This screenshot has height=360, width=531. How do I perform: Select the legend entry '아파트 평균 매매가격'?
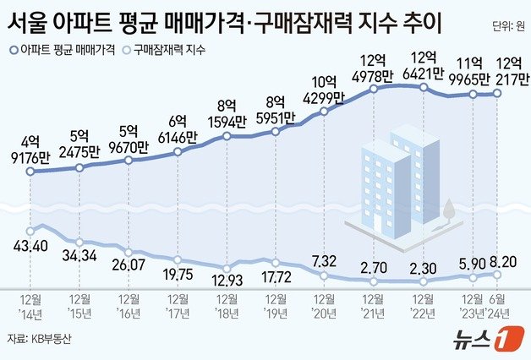point(63,51)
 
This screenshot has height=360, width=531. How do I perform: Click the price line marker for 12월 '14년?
point(30,172)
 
